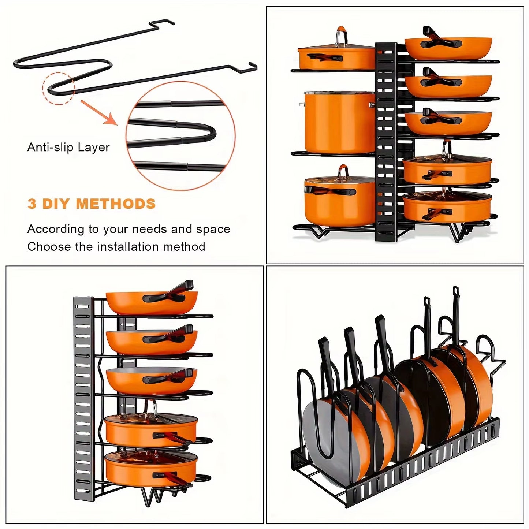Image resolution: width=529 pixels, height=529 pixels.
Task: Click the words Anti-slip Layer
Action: point(68,147)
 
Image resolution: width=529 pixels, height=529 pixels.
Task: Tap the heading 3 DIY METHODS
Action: point(92,204)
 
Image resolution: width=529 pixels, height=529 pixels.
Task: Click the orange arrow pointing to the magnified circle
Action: point(99,113)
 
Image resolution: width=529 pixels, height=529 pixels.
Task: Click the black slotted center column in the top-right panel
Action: point(386,143)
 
